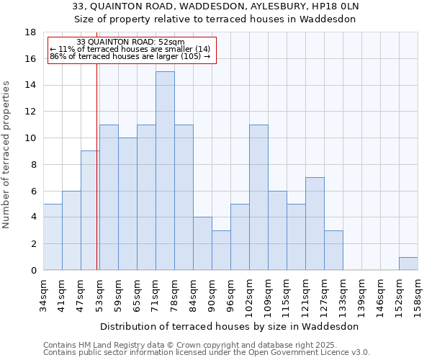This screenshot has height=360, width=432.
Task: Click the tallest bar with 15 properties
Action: [x=165, y=171]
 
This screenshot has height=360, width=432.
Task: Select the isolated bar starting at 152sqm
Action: [x=408, y=264]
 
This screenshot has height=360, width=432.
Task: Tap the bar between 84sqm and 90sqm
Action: [x=202, y=243]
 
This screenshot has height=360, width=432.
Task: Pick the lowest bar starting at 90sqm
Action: [x=221, y=250]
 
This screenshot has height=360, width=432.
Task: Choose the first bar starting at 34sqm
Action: [x=53, y=237]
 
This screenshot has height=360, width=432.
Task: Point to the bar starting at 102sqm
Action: [x=258, y=197]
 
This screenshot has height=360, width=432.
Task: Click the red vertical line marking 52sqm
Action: [x=96, y=180]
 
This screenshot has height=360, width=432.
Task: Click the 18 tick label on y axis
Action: [x=30, y=32]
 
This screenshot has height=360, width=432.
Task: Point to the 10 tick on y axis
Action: [x=30, y=138]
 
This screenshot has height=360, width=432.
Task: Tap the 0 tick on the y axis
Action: [x=33, y=270]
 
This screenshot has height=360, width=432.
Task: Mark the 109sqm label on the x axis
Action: [x=268, y=295]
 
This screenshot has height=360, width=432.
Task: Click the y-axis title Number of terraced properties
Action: [x=8, y=155]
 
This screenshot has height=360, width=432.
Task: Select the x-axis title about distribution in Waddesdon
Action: [x=229, y=326]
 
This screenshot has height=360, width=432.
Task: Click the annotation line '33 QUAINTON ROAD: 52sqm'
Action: [x=130, y=42]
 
